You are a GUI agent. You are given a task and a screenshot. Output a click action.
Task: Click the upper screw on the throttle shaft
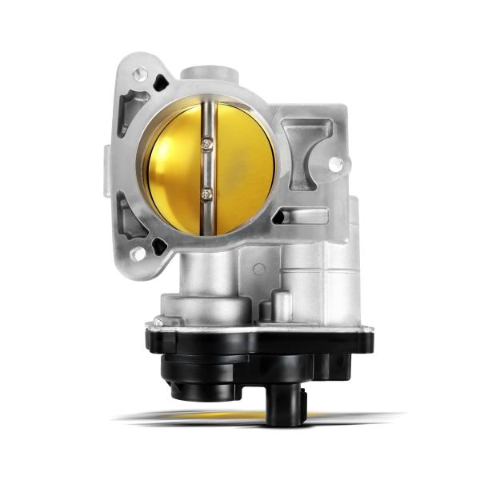tap(208, 143)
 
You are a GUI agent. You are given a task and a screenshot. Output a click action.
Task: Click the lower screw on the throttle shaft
tap(208, 192)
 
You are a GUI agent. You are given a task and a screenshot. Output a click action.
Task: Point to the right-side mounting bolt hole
tap(335, 165)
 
